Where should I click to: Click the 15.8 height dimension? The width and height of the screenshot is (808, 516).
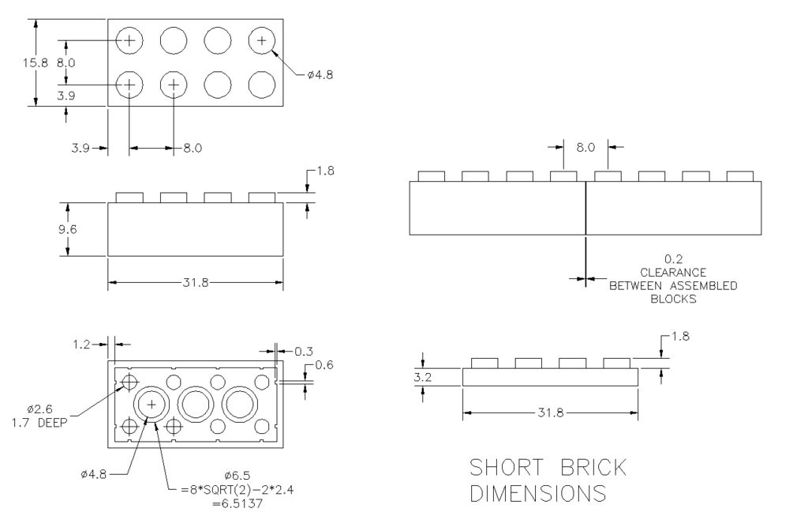coord(36,62)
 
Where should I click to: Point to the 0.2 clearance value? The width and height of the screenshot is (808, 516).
coord(673,258)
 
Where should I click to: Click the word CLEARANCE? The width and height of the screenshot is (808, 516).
coord(673,272)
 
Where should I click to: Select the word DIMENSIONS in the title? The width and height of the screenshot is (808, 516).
coord(538,494)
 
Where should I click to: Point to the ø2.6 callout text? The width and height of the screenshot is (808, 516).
coord(39,409)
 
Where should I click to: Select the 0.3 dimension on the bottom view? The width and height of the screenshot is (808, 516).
coord(303,350)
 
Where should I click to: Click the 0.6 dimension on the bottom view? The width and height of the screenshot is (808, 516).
coord(324,364)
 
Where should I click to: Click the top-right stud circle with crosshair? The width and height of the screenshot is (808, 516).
coord(262,39)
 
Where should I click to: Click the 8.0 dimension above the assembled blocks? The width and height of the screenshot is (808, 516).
coord(585,147)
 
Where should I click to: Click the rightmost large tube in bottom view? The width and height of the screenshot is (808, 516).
coord(236,404)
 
